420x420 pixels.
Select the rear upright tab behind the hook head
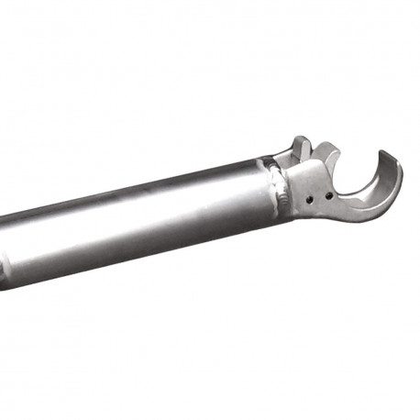click(300, 148)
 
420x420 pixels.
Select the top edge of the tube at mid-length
click(138, 193)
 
